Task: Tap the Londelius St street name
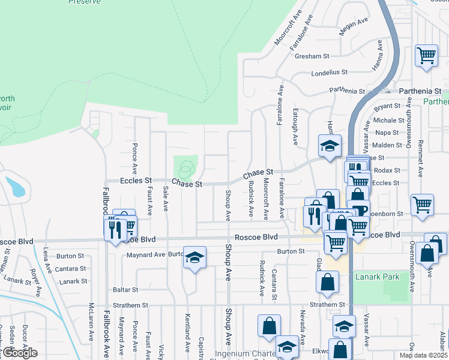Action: (330, 73)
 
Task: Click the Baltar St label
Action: (125, 290)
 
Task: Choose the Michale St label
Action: (385, 121)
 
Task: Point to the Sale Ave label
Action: (166, 199)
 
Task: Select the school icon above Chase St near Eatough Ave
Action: (329, 145)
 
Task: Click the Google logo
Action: (19, 353)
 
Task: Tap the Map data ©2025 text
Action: (423, 355)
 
